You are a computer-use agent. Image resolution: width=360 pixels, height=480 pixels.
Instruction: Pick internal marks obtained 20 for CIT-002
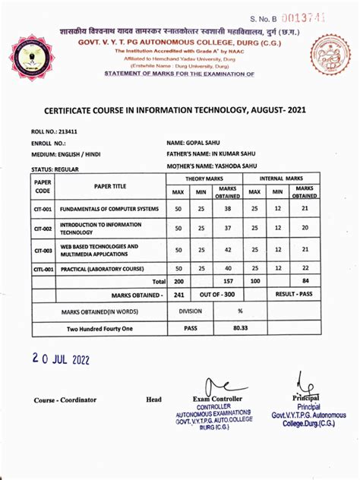point(305,228)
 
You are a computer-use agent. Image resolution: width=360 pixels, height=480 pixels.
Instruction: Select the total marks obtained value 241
point(179,295)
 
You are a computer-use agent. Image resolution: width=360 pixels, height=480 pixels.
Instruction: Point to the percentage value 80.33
point(240,328)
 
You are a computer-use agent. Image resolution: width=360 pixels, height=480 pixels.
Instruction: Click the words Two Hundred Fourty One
point(99,328)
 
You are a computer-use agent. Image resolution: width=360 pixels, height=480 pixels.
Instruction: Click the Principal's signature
point(307,384)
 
